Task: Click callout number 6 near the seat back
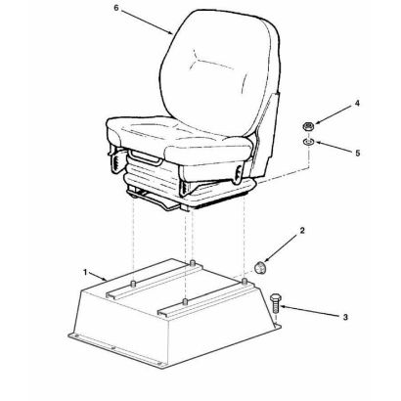[116, 8]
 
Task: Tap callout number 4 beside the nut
[357, 104]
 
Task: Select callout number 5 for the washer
[358, 153]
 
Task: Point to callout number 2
[302, 231]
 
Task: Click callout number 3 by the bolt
[345, 317]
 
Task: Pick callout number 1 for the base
[85, 272]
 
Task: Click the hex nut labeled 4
[308, 126]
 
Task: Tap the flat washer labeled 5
[308, 142]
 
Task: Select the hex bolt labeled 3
[276, 302]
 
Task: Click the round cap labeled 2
[260, 267]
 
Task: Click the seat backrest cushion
[220, 71]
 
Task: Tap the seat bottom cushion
[178, 137]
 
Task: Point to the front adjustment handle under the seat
[146, 158]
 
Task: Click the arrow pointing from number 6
[147, 22]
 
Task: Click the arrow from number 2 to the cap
[282, 248]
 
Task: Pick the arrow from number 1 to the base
[98, 277]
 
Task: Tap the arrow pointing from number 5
[333, 147]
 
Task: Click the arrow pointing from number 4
[334, 115]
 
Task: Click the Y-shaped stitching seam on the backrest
[213, 61]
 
